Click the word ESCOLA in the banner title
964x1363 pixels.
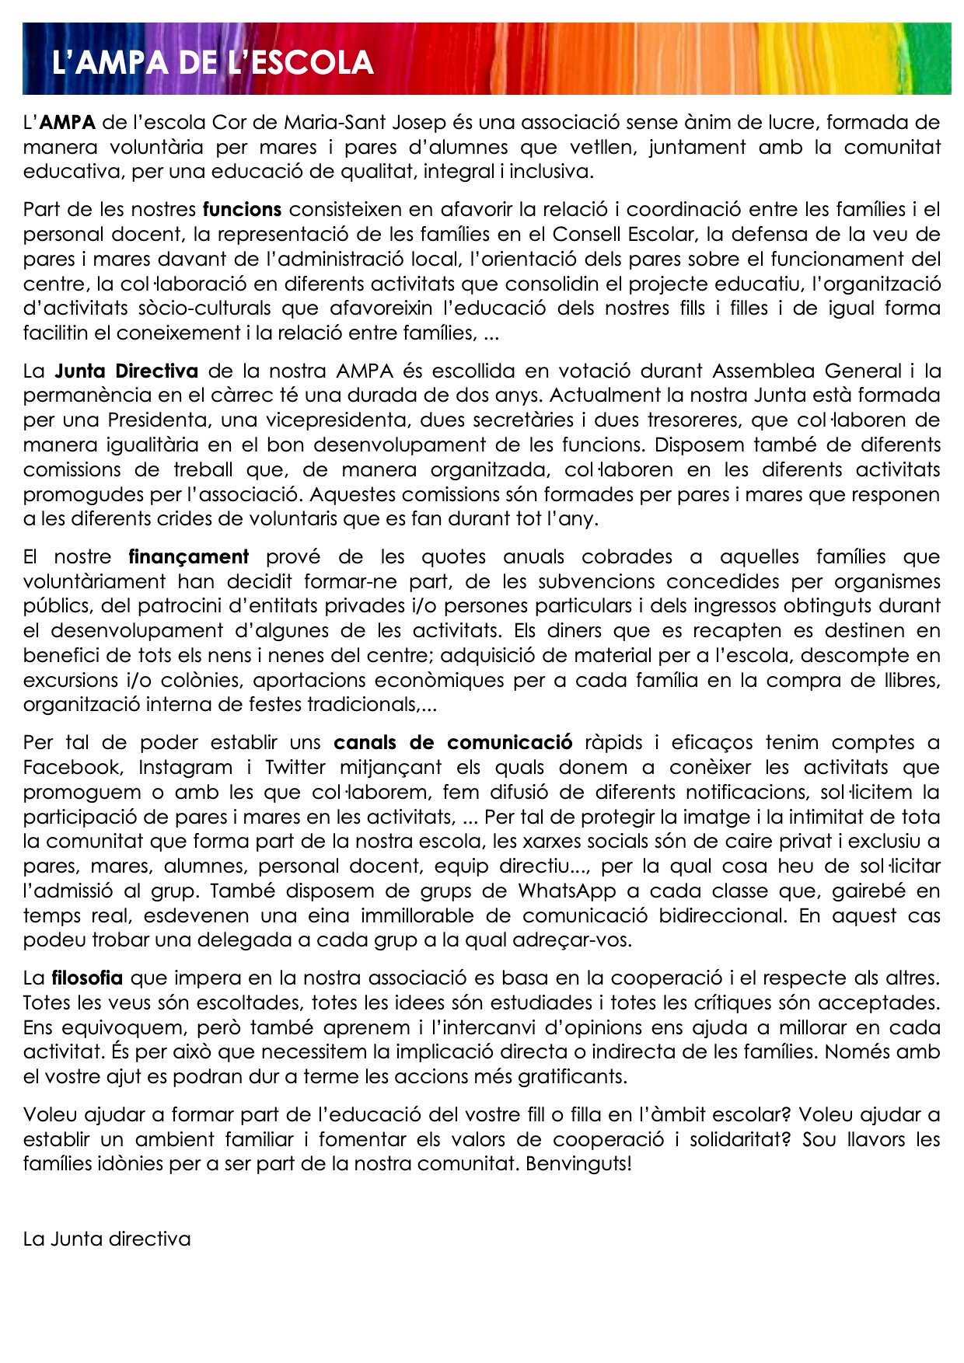[312, 63]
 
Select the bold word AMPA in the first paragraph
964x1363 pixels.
[68, 122]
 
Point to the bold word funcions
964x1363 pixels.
[242, 209]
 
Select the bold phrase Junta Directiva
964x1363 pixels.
[126, 371]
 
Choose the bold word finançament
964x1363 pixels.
[188, 556]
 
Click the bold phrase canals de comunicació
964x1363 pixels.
[452, 742]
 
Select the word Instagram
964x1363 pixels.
[185, 767]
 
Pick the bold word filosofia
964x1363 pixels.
[87, 978]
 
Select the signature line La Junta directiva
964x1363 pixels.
[107, 1239]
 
